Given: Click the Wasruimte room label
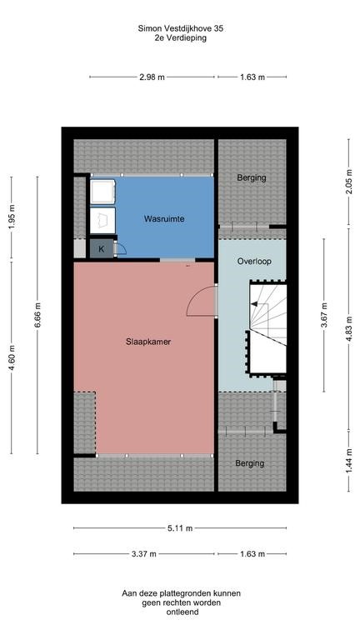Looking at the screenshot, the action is point(163,219).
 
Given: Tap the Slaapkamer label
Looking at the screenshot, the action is point(148,342).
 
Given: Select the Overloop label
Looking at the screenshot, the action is point(254,261).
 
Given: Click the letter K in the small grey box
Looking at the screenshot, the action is point(101,249).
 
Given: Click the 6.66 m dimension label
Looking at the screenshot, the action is point(37,315).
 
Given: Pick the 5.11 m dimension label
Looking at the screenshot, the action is point(180,528).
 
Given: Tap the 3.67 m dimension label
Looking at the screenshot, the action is point(324,315).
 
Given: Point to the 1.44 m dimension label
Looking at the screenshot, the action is point(349,461).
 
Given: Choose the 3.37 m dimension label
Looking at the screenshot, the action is point(144,554).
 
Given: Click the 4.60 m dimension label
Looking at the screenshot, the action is point(12,357).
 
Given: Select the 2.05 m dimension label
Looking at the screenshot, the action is point(349,181).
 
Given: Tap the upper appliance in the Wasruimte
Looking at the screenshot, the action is point(102,192).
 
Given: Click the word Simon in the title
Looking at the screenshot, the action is point(148,28).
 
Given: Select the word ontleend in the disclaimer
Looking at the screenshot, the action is point(182,612).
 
